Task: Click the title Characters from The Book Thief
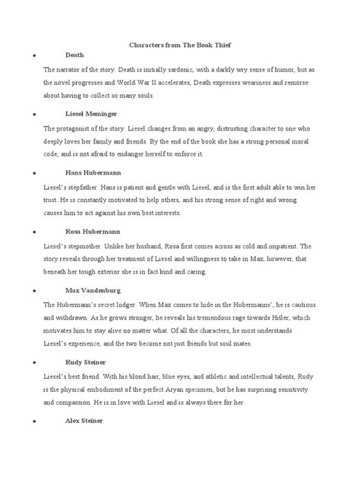179,45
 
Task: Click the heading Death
75,56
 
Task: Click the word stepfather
79,186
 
